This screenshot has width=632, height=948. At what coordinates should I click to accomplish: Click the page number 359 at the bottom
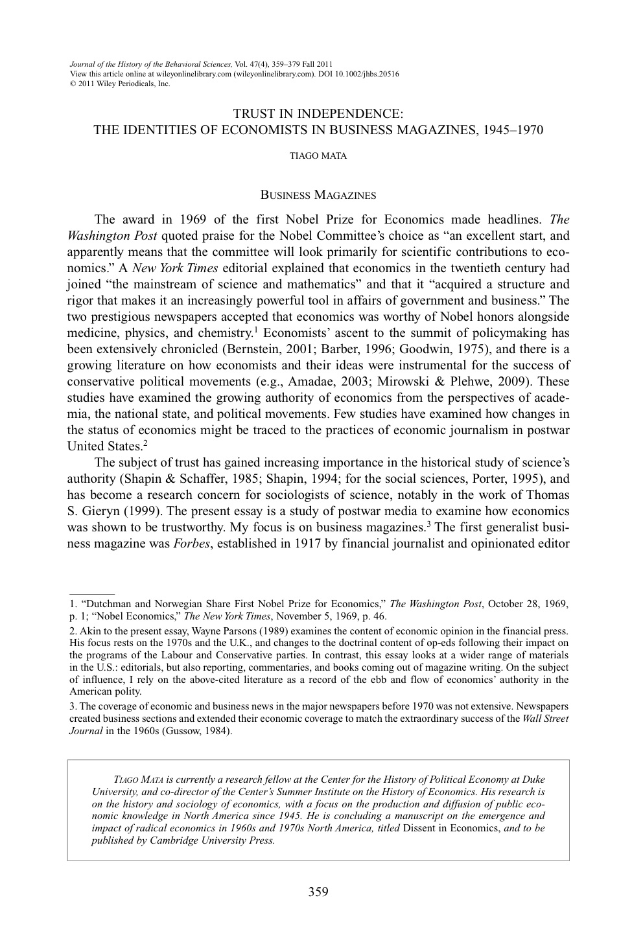pyautogui.click(x=318, y=892)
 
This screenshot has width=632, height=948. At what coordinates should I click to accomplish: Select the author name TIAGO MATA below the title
pyautogui.click(x=318, y=156)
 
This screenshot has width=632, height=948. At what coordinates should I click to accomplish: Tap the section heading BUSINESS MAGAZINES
pyautogui.click(x=318, y=194)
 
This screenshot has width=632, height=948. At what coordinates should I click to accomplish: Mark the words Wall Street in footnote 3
pyautogui.click(x=545, y=719)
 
